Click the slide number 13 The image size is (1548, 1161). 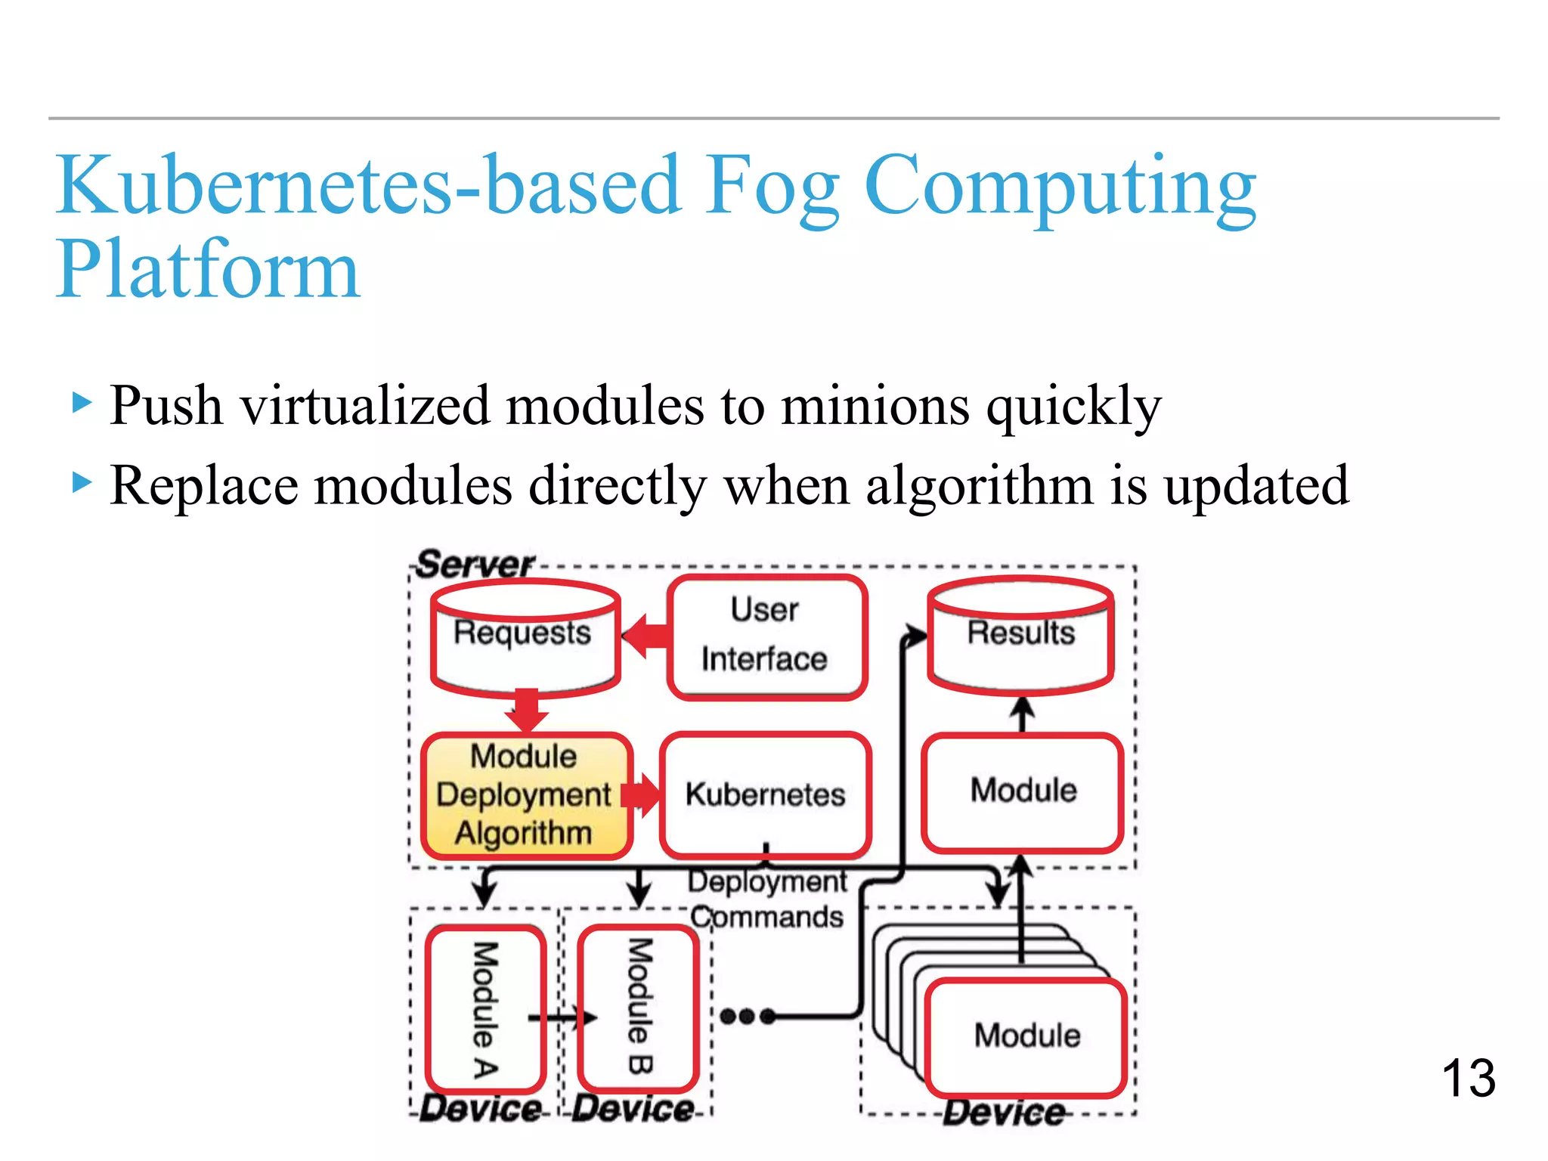pos(1468,1078)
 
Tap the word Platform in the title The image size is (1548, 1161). pos(208,270)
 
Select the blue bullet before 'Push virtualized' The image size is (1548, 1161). pos(82,402)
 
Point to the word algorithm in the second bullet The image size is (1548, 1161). pos(979,485)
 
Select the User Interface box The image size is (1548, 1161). pos(766,636)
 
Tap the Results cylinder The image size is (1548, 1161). pos(1020,636)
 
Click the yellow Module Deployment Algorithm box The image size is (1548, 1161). pos(525,795)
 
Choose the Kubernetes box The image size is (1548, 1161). pos(765,795)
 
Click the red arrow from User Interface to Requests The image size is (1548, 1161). pos(646,636)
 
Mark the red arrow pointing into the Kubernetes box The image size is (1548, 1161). pos(641,795)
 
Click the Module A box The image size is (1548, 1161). pos(485,1009)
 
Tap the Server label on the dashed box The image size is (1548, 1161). pos(475,565)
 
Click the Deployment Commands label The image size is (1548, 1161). pos(767,899)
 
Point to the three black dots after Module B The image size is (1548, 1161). pos(747,1017)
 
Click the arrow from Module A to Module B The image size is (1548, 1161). pos(563,1018)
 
